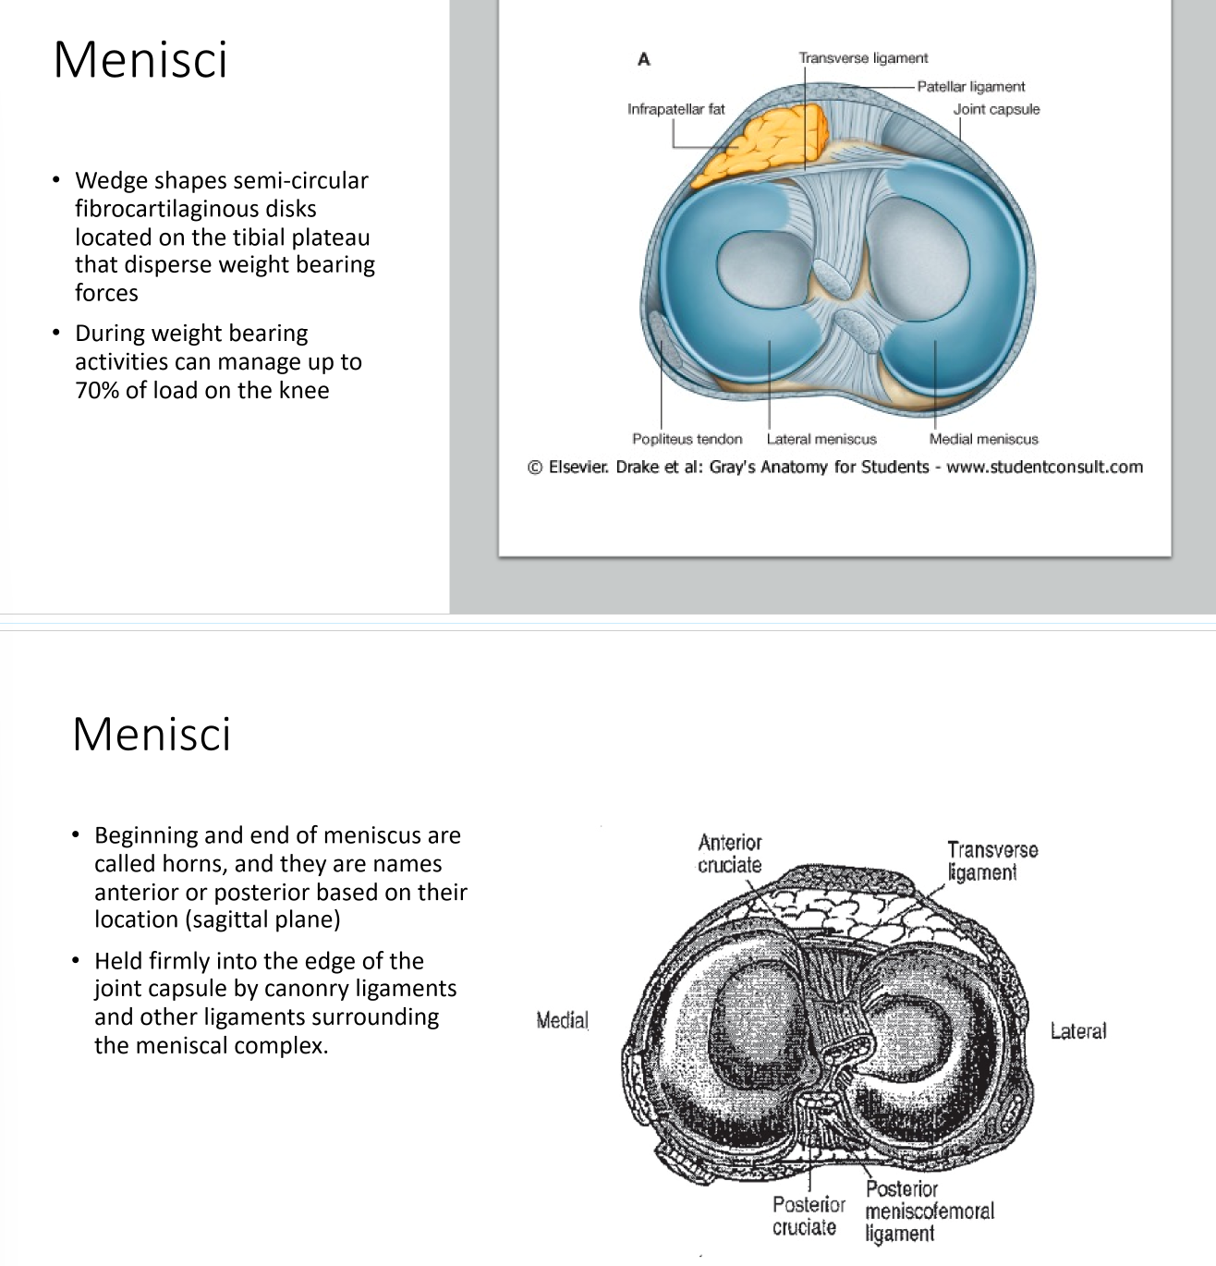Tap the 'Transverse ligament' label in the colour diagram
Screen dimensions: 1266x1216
pos(863,58)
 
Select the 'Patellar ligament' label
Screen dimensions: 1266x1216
pos(970,87)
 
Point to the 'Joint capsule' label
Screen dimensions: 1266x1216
pos(996,109)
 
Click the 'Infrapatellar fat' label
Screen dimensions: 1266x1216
pos(675,109)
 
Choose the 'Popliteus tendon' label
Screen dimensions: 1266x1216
pos(687,439)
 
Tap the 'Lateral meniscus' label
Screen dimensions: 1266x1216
pos(821,439)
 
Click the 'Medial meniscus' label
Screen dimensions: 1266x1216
pos(983,439)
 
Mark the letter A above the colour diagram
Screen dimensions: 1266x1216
pos(644,60)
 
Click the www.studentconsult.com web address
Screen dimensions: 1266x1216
pos(1044,467)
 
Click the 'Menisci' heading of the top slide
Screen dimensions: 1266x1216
pos(140,60)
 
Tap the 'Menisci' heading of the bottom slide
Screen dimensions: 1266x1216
pos(152,735)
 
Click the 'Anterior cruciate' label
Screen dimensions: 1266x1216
pos(730,854)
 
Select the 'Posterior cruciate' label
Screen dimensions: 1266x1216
pos(809,1216)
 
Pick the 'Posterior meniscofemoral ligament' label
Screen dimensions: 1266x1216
pos(929,1211)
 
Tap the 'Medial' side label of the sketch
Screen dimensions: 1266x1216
pos(562,1020)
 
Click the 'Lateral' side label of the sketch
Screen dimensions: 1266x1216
pos(1077,1031)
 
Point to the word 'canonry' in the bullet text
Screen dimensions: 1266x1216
pos(320,989)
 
